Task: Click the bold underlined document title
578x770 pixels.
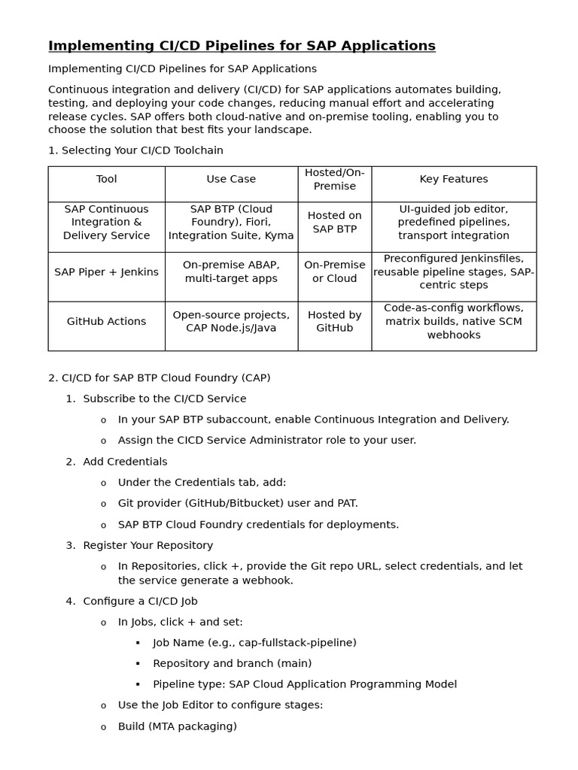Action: click(242, 46)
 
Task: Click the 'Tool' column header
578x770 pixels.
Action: click(106, 179)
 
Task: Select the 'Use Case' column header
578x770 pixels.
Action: click(231, 179)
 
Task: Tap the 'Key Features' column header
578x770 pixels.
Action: click(453, 179)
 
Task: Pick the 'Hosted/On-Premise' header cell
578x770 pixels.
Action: click(334, 179)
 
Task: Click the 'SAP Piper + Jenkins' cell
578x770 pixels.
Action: click(106, 272)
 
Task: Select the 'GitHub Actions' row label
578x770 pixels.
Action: click(106, 321)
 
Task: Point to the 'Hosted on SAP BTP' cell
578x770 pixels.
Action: click(334, 222)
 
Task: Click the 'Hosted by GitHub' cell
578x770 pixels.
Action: click(334, 321)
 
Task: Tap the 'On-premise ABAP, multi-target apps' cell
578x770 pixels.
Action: click(231, 271)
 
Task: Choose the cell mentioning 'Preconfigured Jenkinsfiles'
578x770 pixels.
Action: click(453, 271)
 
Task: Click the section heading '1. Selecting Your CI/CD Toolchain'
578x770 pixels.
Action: click(135, 150)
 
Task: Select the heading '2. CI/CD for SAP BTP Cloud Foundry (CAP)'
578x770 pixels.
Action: click(159, 377)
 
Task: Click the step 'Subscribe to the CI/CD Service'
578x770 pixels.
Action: click(164, 399)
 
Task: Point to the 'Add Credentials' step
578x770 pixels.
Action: click(125, 462)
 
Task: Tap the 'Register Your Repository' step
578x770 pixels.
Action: click(148, 545)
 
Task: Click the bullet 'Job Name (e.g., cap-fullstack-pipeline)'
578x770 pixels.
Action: click(254, 642)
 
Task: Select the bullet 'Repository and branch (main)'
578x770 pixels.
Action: click(232, 663)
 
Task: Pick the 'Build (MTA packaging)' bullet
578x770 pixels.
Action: click(177, 726)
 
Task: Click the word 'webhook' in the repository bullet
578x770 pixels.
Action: click(269, 581)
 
